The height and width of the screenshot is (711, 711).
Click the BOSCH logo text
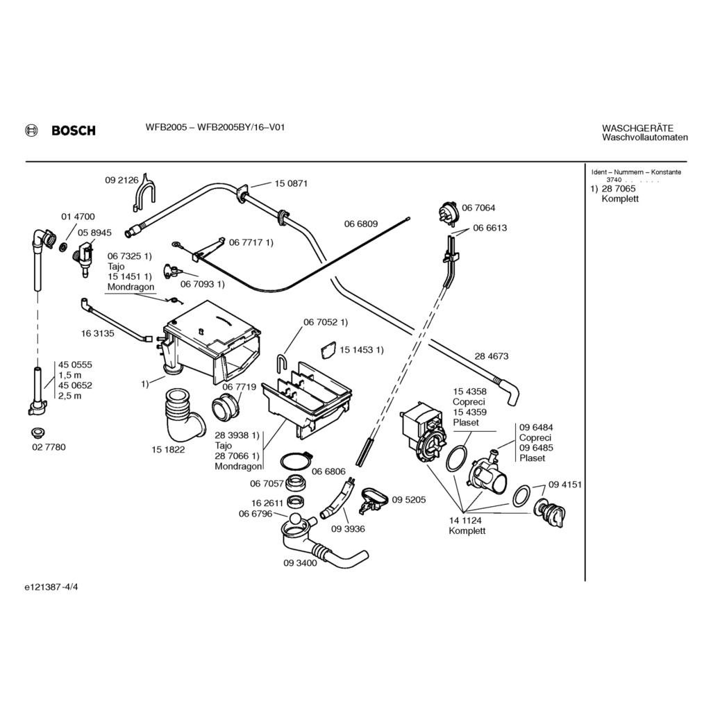pos(73,131)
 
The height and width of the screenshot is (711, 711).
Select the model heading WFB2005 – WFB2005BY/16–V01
pos(215,127)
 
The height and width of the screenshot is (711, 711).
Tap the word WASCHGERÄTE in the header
pos(637,128)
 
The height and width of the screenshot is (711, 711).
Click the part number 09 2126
pos(122,180)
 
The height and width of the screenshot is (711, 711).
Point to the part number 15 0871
pos(291,183)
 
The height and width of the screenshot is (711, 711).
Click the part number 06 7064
pos(478,208)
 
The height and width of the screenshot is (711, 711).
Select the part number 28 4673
pos(492,356)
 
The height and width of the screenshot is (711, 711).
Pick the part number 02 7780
pos(49,447)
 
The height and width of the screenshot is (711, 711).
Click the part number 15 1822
pos(168,449)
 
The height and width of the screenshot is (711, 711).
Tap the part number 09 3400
pos(300,563)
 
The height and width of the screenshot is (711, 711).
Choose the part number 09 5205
pos(409,500)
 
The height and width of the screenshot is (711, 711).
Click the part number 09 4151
pos(564,484)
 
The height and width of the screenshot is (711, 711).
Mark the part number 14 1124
pos(465,520)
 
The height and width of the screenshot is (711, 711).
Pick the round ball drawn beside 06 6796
pos(296,520)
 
